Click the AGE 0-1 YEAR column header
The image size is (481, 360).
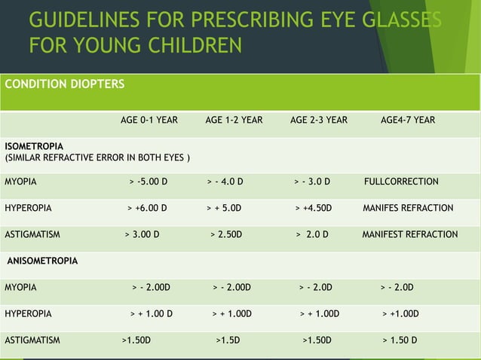[149, 120]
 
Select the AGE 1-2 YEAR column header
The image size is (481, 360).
[234, 120]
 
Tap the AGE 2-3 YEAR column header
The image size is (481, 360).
[319, 120]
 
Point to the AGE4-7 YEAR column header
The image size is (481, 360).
[408, 120]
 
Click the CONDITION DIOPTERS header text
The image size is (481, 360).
[65, 84]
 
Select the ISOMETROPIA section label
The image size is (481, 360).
[35, 145]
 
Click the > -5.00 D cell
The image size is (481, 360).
[149, 182]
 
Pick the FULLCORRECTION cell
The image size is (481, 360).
[401, 182]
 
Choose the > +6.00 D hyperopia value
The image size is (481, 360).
[147, 208]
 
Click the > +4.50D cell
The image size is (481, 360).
[318, 208]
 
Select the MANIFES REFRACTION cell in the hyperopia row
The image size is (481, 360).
[408, 208]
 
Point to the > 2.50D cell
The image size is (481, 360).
[226, 234]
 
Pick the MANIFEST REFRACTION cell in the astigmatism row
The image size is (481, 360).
[409, 234]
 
